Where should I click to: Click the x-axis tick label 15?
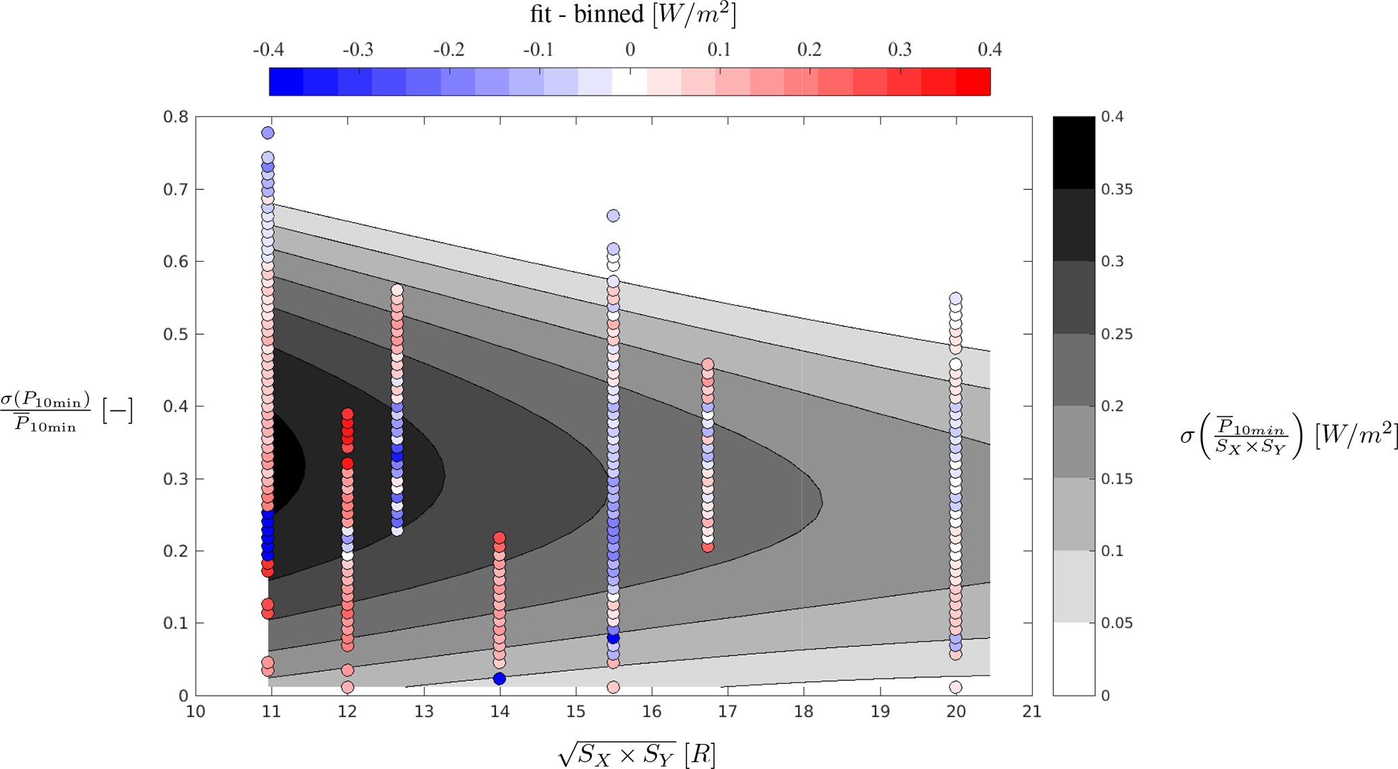point(576,712)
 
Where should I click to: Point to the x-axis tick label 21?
point(1032,712)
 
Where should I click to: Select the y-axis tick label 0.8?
point(175,117)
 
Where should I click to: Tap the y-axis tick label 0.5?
point(175,334)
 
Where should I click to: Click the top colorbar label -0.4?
point(269,50)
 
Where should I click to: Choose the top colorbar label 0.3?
point(900,50)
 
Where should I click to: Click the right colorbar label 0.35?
point(1117,189)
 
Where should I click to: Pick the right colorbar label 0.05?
point(1117,623)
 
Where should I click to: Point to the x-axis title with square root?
point(636,753)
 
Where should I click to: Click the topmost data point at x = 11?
point(268,133)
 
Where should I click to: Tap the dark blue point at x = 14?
point(499,678)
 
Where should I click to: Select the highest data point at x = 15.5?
point(613,216)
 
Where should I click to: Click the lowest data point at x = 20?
point(956,687)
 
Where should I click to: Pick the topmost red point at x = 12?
point(347,414)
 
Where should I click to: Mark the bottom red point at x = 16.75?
point(707,546)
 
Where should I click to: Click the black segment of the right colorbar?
point(1073,153)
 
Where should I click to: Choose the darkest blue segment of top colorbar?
point(286,82)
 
